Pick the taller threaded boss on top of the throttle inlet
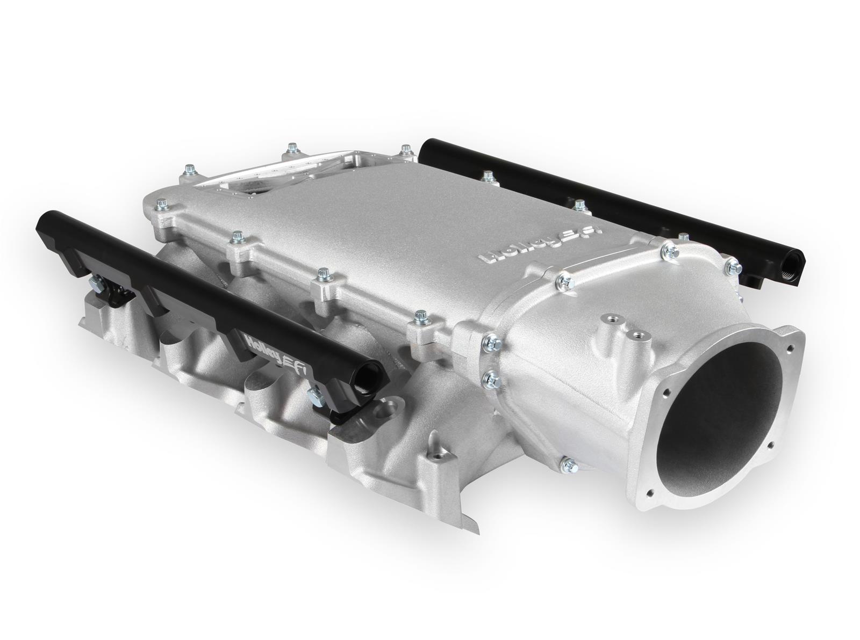pos(611,323)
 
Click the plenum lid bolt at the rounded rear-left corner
pos(160,204)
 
